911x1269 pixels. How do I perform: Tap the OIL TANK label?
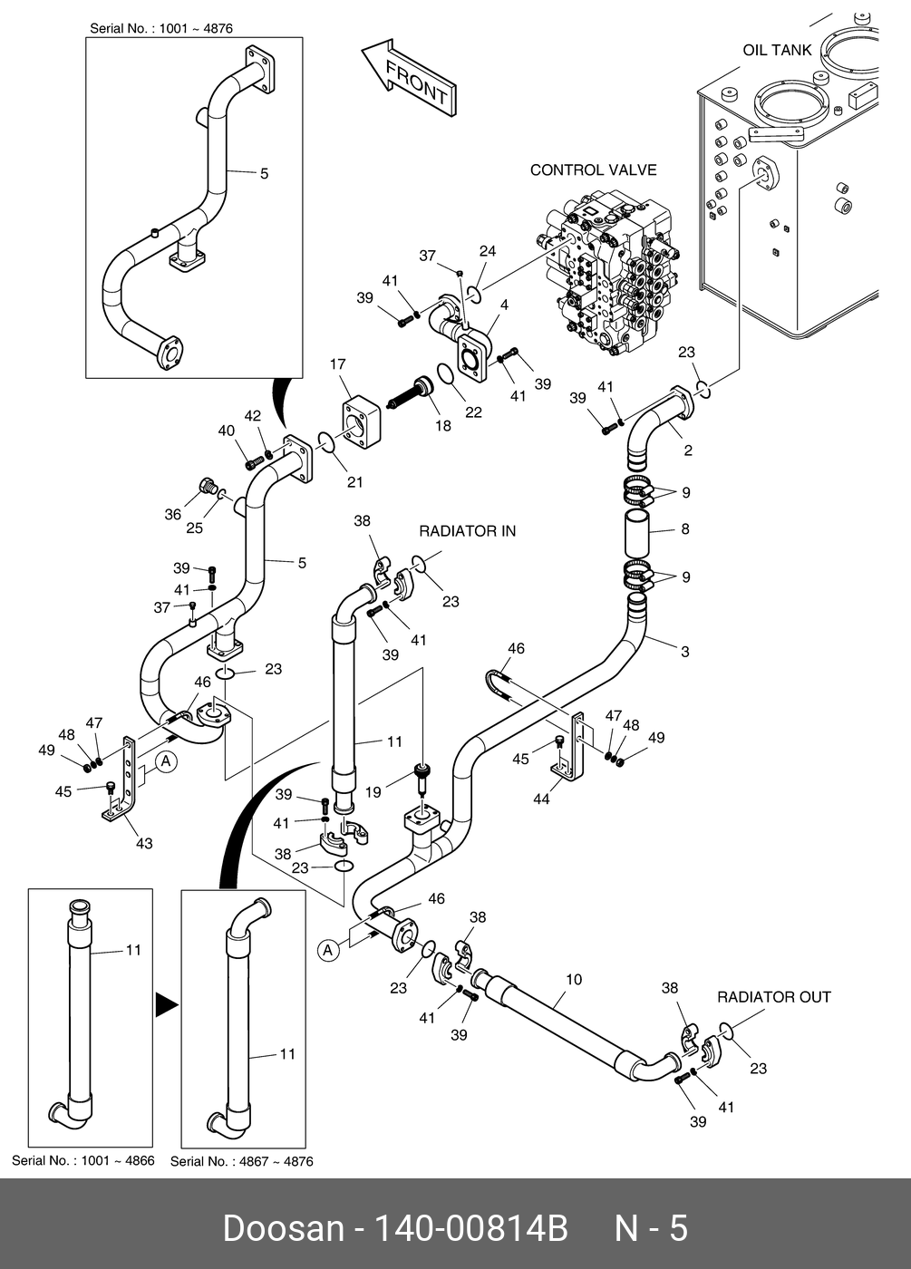(x=777, y=50)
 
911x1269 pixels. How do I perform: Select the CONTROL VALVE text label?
(x=593, y=170)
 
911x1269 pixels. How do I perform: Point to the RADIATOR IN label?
(x=467, y=530)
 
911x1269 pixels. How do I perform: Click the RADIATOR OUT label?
(x=773, y=997)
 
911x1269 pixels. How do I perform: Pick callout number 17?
(x=337, y=365)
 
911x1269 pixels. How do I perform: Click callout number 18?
(x=442, y=425)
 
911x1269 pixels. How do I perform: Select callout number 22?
(x=473, y=412)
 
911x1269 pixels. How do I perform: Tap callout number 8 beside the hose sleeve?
(x=685, y=528)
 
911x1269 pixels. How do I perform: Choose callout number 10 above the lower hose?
(x=573, y=980)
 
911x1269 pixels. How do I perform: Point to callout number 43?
(x=144, y=843)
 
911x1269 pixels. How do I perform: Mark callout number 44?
(x=541, y=799)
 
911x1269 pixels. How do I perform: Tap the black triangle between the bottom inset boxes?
(x=165, y=1004)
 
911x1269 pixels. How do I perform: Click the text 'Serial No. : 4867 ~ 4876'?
(x=242, y=1161)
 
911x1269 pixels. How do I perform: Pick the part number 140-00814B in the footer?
(x=471, y=1229)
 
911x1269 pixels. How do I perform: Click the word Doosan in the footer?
(x=283, y=1229)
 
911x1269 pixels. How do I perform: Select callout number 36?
(x=172, y=514)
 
